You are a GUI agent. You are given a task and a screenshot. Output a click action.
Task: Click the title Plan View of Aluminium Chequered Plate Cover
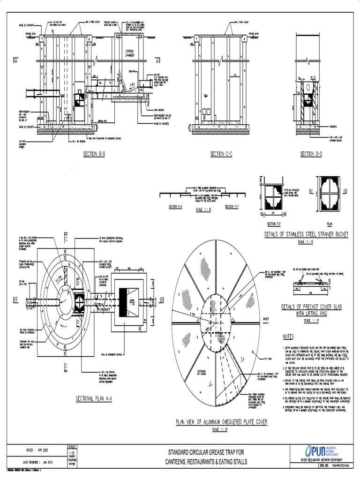coord(221,422)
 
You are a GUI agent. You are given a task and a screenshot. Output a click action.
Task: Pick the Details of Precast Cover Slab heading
coord(311,309)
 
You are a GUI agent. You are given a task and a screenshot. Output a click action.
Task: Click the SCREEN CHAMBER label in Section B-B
coord(130,53)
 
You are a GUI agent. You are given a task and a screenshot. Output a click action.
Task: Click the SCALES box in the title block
coord(75,454)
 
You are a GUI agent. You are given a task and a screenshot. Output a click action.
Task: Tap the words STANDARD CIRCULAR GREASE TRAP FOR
coord(206,452)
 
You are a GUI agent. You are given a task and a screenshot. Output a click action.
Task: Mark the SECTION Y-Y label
coord(232,206)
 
